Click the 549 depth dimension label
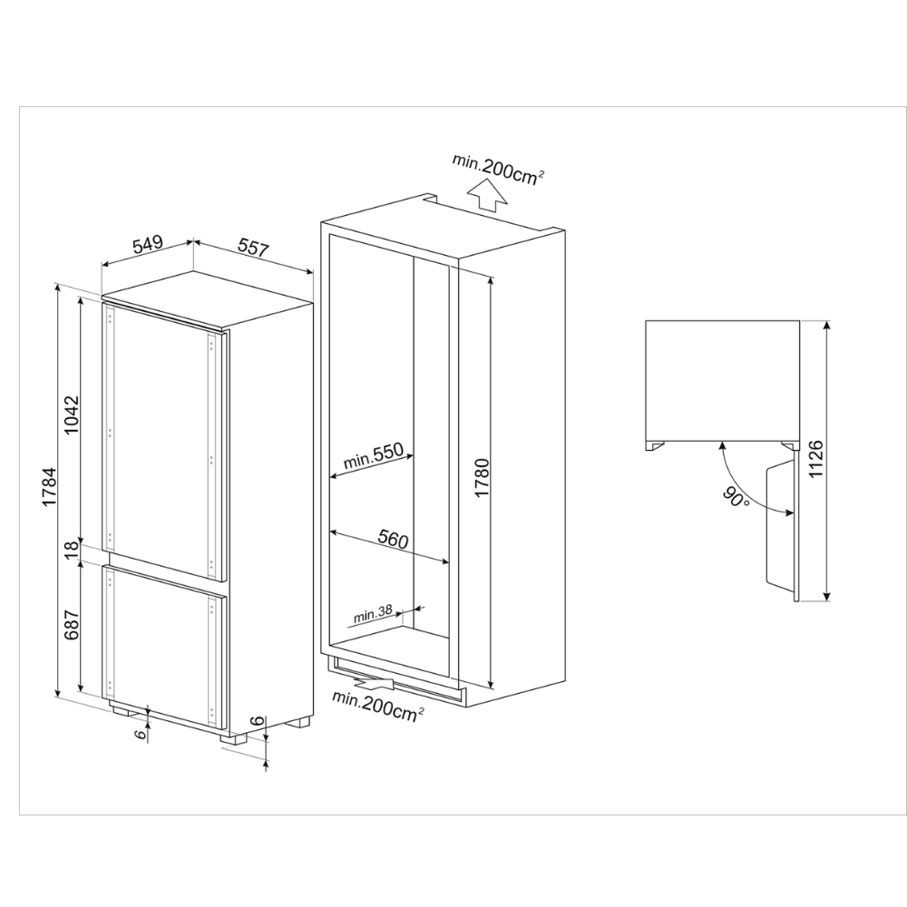click(x=148, y=245)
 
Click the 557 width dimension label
click(x=253, y=247)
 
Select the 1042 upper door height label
click(x=71, y=415)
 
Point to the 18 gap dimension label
click(x=71, y=550)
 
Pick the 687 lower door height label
click(x=71, y=625)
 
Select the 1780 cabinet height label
click(x=482, y=478)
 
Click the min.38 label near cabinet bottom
click(x=373, y=614)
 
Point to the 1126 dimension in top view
click(x=815, y=459)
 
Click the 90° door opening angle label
click(x=736, y=496)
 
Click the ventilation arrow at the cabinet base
click(x=373, y=684)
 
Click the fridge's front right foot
click(x=232, y=738)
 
